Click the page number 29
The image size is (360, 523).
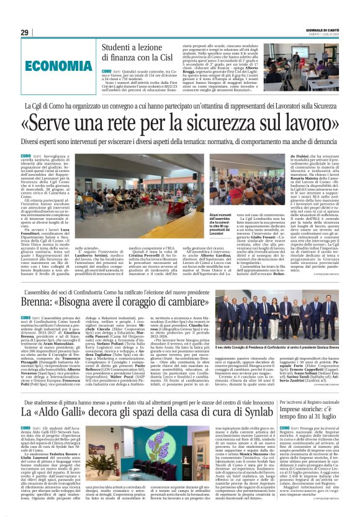point(25,32)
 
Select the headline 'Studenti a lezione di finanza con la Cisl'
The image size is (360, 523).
point(137,54)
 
